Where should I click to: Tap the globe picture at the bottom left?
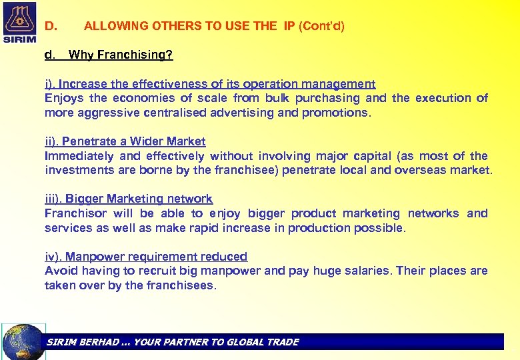(x=23, y=342)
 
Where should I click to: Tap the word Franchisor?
(x=75, y=213)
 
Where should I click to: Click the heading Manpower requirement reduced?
(x=156, y=257)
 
